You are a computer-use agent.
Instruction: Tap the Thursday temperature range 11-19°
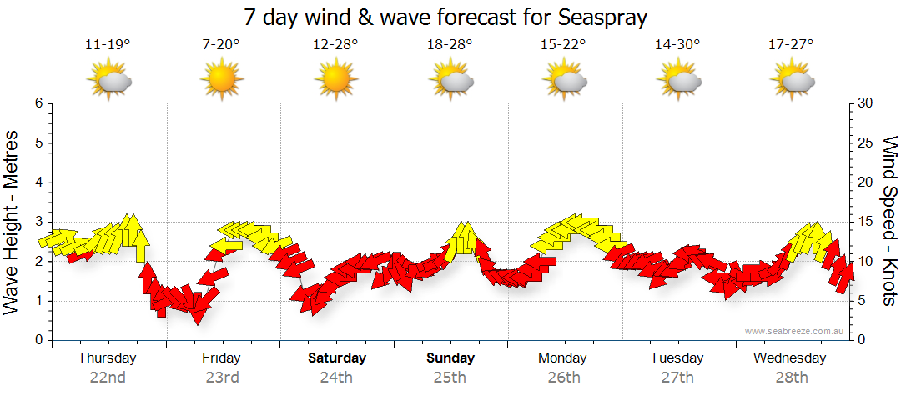(108, 45)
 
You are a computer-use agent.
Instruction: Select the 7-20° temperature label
(221, 45)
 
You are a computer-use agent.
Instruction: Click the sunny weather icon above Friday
(221, 81)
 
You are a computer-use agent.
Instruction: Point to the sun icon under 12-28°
(335, 81)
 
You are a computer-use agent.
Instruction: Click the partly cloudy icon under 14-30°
(678, 81)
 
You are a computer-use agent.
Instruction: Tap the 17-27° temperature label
(792, 45)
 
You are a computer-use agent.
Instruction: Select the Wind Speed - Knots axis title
(888, 221)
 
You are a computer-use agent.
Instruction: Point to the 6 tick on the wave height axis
(38, 103)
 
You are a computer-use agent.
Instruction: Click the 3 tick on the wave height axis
(38, 222)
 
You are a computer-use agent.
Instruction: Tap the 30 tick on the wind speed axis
(866, 103)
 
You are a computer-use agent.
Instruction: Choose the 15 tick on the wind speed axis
(866, 222)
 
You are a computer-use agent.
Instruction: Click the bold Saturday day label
(337, 358)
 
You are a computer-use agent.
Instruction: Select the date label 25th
(450, 377)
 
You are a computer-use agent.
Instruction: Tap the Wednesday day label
(789, 358)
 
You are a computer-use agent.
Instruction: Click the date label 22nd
(108, 377)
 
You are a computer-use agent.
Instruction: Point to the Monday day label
(563, 358)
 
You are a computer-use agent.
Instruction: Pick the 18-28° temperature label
(450, 45)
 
